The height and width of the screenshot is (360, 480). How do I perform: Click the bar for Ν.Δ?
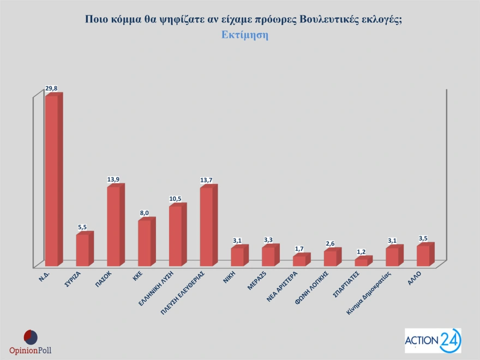51,180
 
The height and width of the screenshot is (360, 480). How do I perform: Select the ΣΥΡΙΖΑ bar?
82,250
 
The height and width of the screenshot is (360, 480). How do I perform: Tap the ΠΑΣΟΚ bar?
113,226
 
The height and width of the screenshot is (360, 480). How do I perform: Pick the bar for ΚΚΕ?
145,242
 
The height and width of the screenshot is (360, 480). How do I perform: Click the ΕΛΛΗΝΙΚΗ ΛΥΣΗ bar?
176,236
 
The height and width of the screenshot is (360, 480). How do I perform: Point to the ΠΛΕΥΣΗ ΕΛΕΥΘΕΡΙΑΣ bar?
207,226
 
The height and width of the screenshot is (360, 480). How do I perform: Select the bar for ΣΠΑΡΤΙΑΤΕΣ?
361,262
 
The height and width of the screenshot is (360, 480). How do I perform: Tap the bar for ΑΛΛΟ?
423,255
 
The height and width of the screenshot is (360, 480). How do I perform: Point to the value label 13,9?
113,179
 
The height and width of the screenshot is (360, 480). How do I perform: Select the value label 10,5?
175,199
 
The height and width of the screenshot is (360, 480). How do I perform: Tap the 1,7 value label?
299,249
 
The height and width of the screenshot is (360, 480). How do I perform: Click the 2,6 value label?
330,244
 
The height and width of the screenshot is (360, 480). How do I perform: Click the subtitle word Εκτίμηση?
245,34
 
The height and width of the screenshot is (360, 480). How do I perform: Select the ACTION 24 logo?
433,341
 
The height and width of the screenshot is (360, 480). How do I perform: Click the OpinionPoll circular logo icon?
31,337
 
